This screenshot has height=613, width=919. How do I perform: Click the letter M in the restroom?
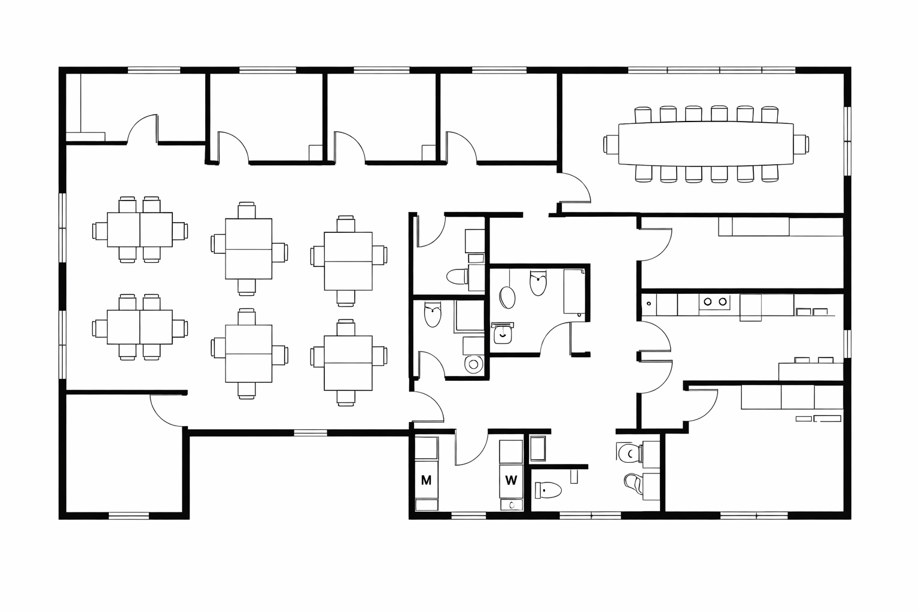[426, 480]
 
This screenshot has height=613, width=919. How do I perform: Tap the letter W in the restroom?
[511, 480]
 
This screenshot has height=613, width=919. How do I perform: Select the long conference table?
[705, 144]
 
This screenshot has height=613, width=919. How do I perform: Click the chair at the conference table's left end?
[611, 144]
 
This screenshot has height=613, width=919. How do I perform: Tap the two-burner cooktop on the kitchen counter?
[715, 302]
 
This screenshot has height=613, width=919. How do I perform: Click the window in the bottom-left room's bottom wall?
[129, 515]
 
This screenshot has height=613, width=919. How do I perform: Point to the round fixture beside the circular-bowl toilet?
[474, 363]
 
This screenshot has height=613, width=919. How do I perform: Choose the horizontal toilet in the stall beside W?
[548, 491]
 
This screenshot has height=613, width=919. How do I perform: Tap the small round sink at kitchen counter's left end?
[648, 304]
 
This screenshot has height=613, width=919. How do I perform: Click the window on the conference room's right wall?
[847, 141]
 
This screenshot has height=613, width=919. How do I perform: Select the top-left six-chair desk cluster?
[140, 230]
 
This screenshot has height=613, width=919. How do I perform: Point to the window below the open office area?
[311, 432]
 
